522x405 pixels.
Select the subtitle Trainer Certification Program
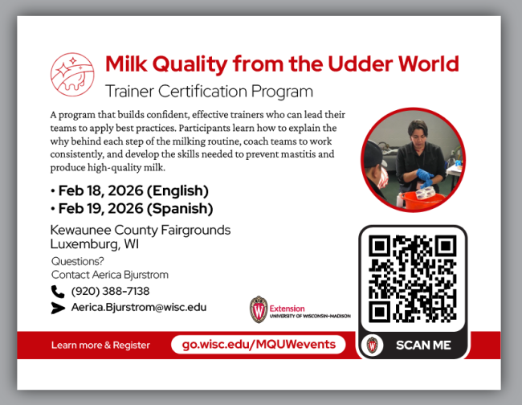pyautogui.click(x=209, y=91)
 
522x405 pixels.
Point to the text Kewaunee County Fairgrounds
pyautogui.click(x=140, y=230)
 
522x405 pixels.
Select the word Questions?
pyautogui.click(x=77, y=261)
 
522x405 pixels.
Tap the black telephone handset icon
pyautogui.click(x=58, y=291)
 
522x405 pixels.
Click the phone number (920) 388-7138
pyautogui.click(x=110, y=291)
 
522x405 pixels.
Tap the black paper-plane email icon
pyautogui.click(x=58, y=307)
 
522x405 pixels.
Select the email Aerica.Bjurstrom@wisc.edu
pyautogui.click(x=138, y=307)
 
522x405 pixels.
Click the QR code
pyautogui.click(x=412, y=278)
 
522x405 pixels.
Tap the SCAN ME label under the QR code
pyautogui.click(x=423, y=346)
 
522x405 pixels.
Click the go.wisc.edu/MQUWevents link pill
pyautogui.click(x=258, y=345)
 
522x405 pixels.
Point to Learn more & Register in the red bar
pyautogui.click(x=100, y=346)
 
